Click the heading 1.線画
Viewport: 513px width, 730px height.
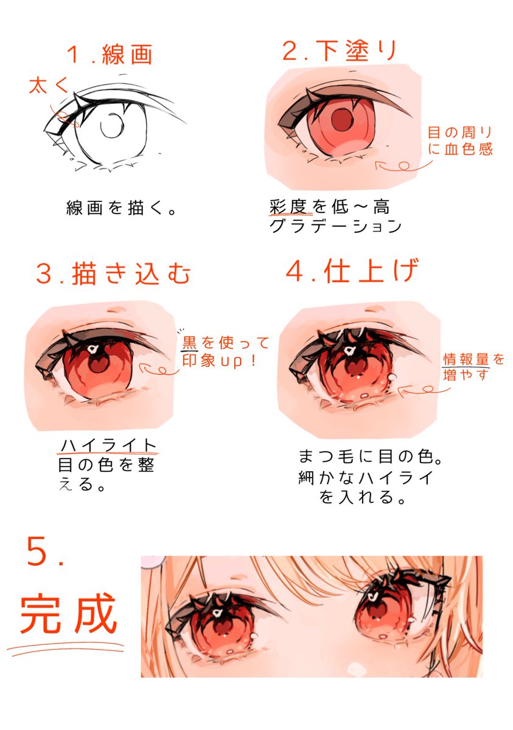(x=110, y=55)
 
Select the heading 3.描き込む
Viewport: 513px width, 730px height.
(x=113, y=274)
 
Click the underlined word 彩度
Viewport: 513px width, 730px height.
(x=290, y=207)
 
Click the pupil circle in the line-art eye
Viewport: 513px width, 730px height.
(x=112, y=127)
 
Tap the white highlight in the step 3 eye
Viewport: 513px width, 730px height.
(x=92, y=349)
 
